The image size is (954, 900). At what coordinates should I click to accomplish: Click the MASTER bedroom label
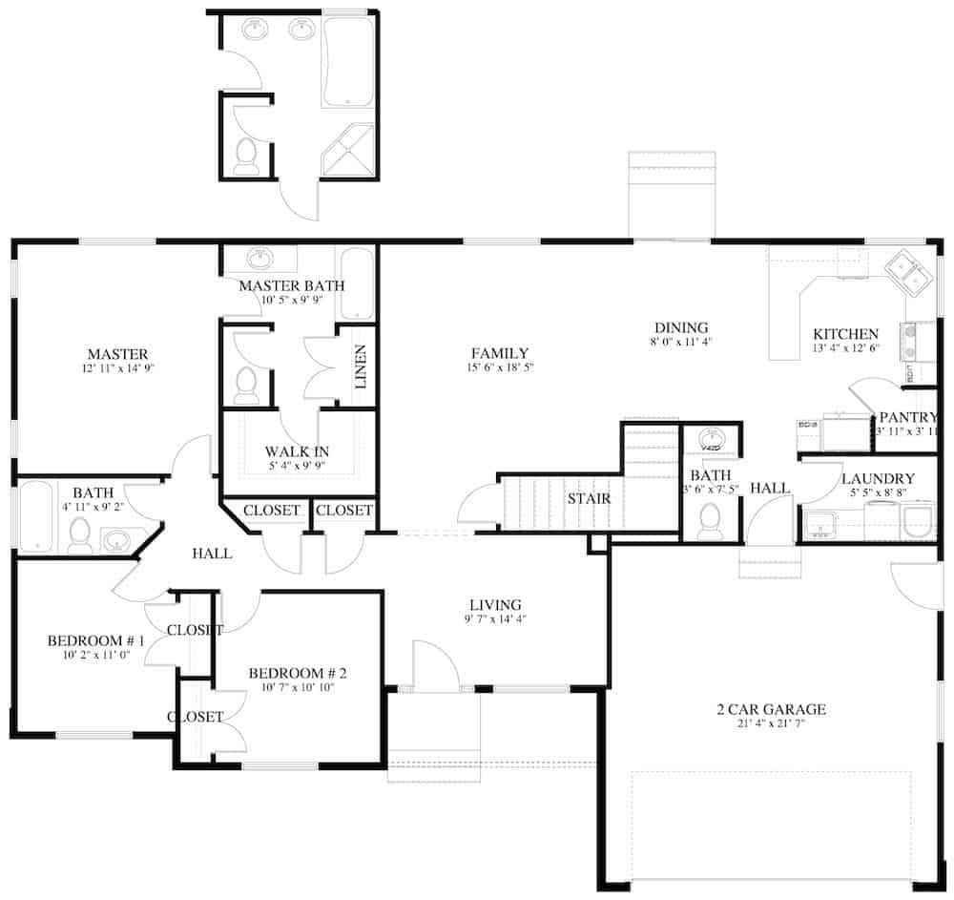pyautogui.click(x=117, y=354)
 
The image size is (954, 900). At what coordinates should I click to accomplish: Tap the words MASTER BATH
pyautogui.click(x=292, y=285)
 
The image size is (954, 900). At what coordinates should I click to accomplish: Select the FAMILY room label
pyautogui.click(x=498, y=353)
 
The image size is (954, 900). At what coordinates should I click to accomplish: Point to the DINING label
pyautogui.click(x=680, y=326)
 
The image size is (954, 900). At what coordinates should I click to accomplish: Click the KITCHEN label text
pyautogui.click(x=845, y=334)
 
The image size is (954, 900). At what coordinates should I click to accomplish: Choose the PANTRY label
pyautogui.click(x=908, y=418)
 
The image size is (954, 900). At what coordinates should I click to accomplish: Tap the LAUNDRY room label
pyautogui.click(x=878, y=478)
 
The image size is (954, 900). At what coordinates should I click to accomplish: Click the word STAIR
pyautogui.click(x=590, y=498)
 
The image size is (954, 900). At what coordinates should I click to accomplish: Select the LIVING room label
pyautogui.click(x=495, y=604)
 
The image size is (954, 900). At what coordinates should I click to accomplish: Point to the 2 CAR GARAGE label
pyautogui.click(x=771, y=709)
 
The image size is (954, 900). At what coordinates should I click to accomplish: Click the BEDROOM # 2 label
pyautogui.click(x=297, y=674)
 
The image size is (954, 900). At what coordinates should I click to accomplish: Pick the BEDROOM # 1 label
pyautogui.click(x=95, y=640)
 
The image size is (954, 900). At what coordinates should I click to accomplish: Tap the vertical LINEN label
pyautogui.click(x=361, y=367)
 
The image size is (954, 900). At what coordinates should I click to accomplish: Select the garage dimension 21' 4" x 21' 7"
pyautogui.click(x=771, y=724)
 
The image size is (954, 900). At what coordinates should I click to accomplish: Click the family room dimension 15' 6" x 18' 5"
pyautogui.click(x=498, y=368)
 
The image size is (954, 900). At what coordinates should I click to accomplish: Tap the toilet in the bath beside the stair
pyautogui.click(x=709, y=519)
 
